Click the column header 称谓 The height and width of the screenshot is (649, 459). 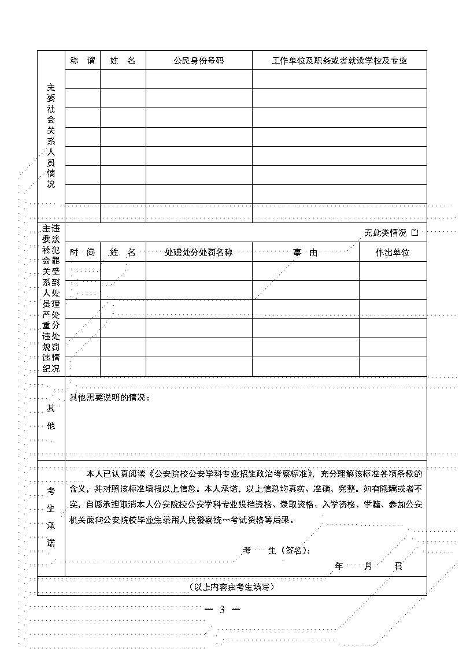click(x=82, y=61)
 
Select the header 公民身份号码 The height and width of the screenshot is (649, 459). click(x=198, y=61)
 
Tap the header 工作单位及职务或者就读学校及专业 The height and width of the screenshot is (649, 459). click(x=339, y=61)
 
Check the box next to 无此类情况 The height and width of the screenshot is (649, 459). click(x=414, y=233)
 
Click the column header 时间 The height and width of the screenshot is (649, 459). click(x=82, y=253)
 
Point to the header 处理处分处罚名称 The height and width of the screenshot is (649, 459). click(x=198, y=253)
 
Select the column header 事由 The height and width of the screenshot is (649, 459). click(x=305, y=253)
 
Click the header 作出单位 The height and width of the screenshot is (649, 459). click(x=393, y=253)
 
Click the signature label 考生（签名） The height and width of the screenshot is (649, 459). click(x=277, y=551)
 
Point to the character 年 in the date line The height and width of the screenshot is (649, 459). click(x=339, y=566)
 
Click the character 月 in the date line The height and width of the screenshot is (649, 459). click(x=368, y=566)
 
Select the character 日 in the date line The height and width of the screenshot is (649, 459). click(x=398, y=566)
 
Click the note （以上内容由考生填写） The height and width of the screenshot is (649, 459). click(x=231, y=587)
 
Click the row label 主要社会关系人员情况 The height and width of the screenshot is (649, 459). click(x=51, y=136)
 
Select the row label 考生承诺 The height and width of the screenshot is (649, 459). click(x=51, y=517)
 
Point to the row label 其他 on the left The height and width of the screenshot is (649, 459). click(x=51, y=417)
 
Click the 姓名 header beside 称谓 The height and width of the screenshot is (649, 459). click(x=123, y=61)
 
